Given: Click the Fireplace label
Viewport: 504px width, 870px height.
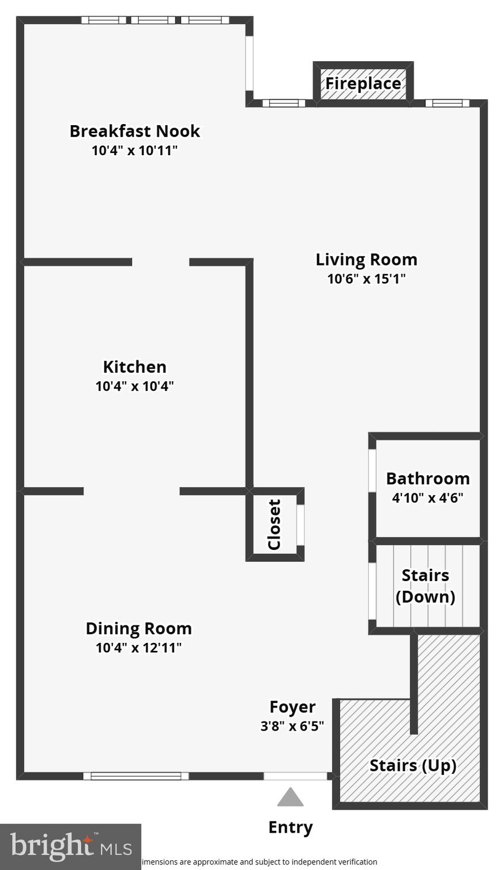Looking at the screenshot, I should [363, 84].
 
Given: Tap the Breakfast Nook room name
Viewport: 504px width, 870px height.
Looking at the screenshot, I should [134, 131].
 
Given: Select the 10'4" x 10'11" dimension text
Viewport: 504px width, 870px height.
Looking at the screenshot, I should [134, 151].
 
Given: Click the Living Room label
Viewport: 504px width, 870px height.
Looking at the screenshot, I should [366, 259].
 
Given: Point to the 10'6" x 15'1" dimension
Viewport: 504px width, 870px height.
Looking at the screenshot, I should [366, 279].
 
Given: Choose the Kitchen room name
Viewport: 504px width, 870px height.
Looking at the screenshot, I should [134, 366].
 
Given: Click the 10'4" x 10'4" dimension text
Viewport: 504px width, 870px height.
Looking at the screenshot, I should [134, 386].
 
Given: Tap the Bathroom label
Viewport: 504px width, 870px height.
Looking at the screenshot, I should [427, 479].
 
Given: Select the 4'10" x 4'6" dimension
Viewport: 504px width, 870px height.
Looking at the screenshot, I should [427, 498].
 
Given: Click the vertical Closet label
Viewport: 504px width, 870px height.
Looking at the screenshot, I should [274, 524].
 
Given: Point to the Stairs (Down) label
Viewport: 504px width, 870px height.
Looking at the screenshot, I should [425, 586].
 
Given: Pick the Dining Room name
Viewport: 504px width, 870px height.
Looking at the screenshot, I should [138, 628].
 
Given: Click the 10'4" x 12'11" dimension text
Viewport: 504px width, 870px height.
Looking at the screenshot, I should [138, 647].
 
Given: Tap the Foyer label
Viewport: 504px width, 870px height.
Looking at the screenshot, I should [292, 707].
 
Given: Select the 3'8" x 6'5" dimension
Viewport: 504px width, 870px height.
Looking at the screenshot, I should [292, 726].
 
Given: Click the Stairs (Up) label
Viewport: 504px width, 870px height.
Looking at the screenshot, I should [413, 765].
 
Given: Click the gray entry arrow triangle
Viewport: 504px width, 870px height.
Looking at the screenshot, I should [290, 797].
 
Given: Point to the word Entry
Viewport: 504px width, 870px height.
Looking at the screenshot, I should [290, 828].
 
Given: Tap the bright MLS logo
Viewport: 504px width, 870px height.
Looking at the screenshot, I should [70, 846].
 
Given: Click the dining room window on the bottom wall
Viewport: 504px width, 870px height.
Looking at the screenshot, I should [136, 776].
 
